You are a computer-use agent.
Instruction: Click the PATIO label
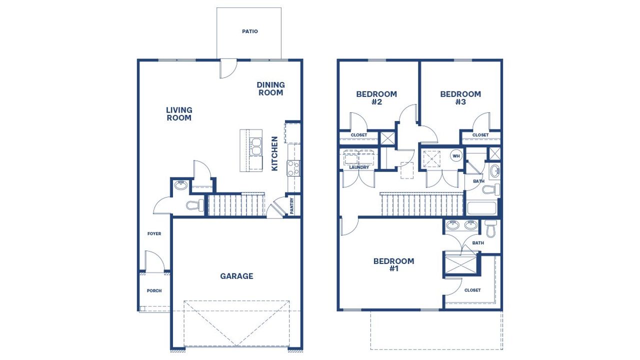point(250,31)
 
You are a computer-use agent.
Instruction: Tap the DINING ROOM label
point(270,89)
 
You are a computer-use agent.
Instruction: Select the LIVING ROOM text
point(179,114)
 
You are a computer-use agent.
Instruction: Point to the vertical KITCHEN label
point(274,153)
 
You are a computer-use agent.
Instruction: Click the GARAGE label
point(236,276)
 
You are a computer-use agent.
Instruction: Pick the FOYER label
point(154,233)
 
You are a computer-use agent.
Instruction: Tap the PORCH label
point(154,290)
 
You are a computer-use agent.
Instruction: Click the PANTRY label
point(292,206)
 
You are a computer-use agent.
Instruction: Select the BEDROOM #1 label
point(393,264)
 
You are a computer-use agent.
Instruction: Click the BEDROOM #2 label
point(376,98)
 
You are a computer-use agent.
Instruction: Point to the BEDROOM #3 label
point(460,98)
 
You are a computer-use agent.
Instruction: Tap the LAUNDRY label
point(359,167)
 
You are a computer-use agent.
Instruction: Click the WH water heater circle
point(456,156)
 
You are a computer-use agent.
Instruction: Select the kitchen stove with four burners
point(293,168)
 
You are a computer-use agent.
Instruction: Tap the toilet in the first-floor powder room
point(194,205)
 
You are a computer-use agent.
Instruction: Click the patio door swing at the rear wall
point(227,69)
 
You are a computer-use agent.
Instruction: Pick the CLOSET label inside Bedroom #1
point(472,290)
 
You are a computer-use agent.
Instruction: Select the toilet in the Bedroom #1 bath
point(490,229)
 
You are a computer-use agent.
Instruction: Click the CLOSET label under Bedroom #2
point(358,135)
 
